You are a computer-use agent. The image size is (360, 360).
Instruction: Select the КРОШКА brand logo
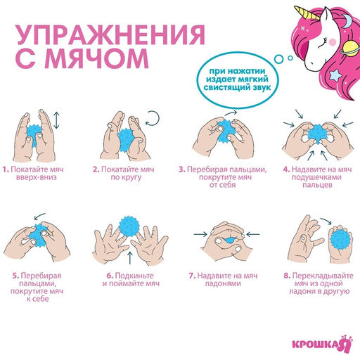(x=321, y=344)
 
